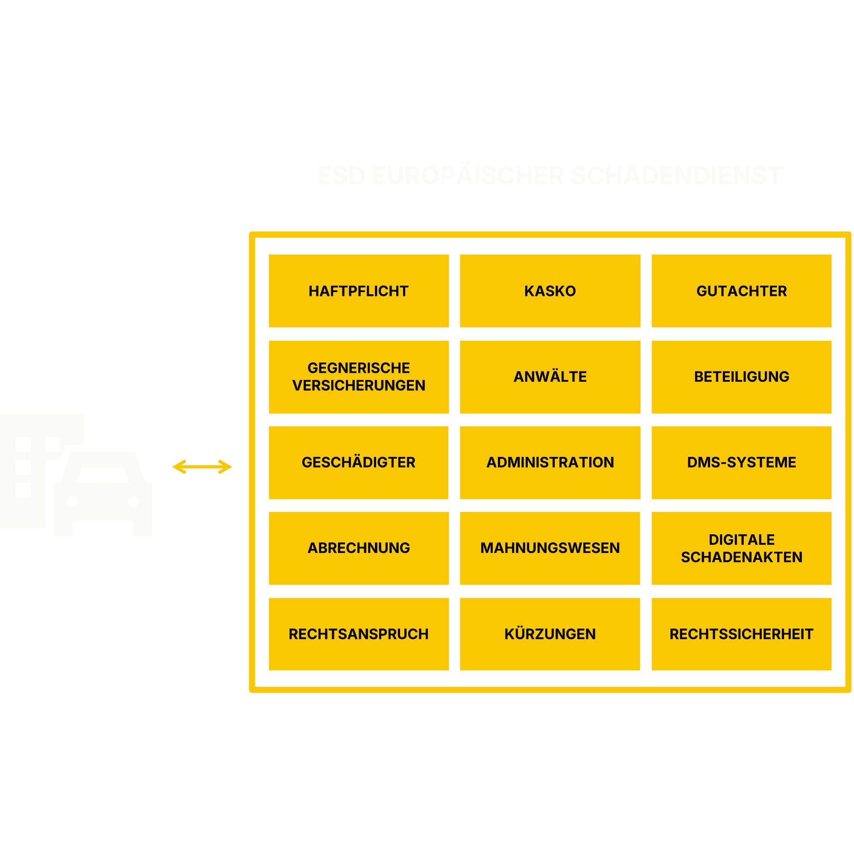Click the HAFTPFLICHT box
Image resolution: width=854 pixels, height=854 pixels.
[x=359, y=291]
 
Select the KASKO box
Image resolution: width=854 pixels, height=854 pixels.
[x=550, y=291]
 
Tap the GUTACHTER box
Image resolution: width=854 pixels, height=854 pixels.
[x=741, y=291]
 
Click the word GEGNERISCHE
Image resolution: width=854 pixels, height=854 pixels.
[x=359, y=368]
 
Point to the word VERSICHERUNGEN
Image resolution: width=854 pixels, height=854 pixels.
[x=359, y=386]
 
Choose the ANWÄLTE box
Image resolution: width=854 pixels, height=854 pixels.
[x=550, y=377]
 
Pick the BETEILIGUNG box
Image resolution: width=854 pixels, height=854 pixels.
[x=741, y=377]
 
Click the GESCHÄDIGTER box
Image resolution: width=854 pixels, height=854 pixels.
[x=359, y=462]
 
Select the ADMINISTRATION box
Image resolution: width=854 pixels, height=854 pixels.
[x=550, y=462]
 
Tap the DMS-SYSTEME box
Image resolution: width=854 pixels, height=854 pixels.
[x=741, y=462]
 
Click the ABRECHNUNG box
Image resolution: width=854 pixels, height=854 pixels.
[x=359, y=548]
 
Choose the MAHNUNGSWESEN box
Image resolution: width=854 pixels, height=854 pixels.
[x=550, y=548]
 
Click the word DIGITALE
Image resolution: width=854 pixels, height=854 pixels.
[x=741, y=540]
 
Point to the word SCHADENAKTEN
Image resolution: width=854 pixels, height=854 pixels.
[x=741, y=557]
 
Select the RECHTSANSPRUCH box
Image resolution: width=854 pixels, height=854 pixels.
[x=359, y=634]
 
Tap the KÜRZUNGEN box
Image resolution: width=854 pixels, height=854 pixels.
[x=550, y=634]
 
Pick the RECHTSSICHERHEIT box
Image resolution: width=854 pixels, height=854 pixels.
[x=741, y=634]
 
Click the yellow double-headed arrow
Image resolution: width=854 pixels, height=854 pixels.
[x=202, y=467]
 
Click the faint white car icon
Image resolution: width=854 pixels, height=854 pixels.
[x=102, y=493]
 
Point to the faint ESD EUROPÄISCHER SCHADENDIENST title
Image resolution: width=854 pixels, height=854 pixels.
[x=550, y=176]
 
